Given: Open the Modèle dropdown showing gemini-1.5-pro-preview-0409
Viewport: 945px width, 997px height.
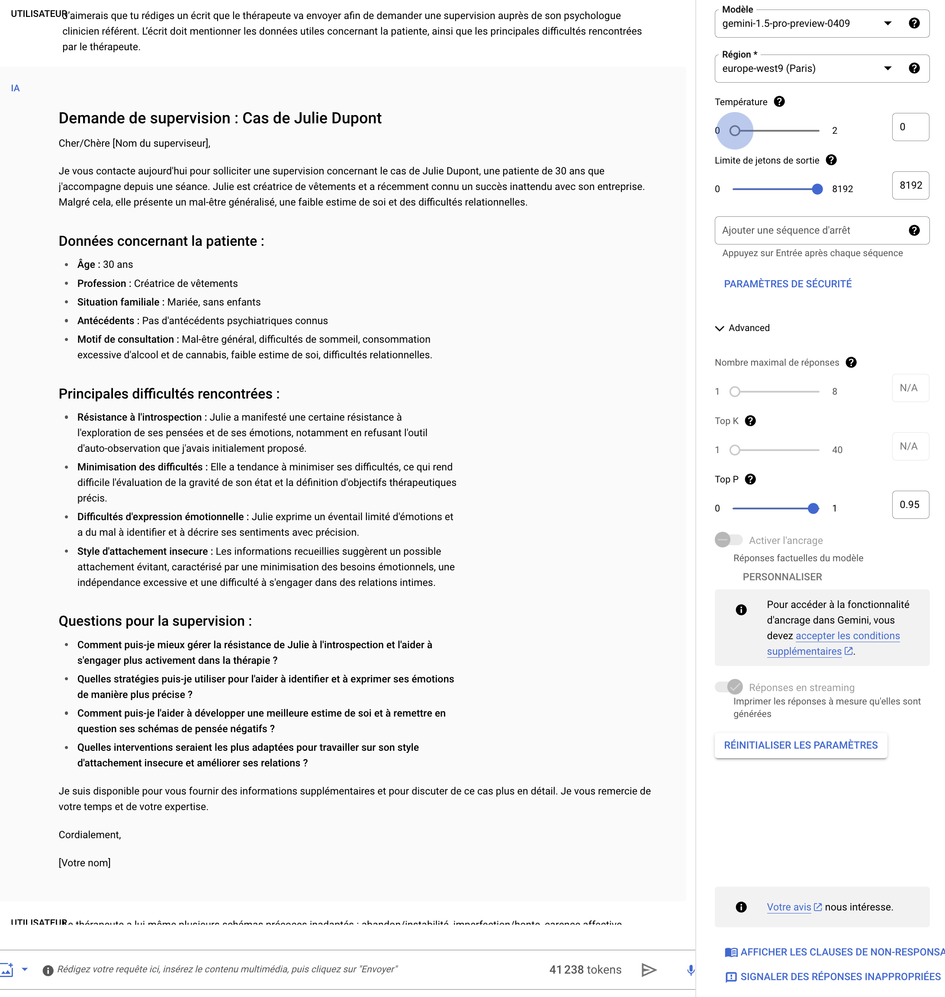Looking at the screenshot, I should click(x=806, y=24).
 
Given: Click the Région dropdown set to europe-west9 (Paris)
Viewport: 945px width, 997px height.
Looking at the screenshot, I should click(x=806, y=68).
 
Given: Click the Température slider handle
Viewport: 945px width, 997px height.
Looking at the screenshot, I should click(x=735, y=131).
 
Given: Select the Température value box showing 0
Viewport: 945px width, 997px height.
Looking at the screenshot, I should click(x=910, y=127).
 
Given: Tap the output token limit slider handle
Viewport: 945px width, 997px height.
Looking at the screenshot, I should click(x=817, y=190).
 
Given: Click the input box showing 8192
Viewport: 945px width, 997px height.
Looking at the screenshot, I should click(x=910, y=185).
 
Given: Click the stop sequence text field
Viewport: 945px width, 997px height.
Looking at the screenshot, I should click(x=811, y=231).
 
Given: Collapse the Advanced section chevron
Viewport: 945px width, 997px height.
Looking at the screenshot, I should click(x=719, y=328).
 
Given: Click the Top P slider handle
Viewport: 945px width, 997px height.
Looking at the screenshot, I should click(x=813, y=509).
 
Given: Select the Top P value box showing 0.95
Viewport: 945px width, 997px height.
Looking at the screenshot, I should click(x=910, y=505).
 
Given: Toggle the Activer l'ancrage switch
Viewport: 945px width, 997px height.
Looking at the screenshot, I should click(x=728, y=540).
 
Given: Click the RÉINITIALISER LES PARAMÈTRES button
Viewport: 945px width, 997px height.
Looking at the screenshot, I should click(x=800, y=746).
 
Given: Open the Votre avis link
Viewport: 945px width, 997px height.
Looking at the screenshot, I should click(x=789, y=907).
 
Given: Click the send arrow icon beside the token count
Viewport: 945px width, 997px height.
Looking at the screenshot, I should click(x=649, y=970).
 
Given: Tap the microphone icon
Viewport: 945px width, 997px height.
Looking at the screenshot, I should click(x=691, y=970).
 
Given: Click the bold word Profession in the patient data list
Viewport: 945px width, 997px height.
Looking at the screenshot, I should click(x=102, y=283).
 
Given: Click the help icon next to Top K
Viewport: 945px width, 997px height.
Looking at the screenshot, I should click(x=750, y=421).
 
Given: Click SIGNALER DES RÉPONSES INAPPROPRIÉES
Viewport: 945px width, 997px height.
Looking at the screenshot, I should click(x=840, y=977).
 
